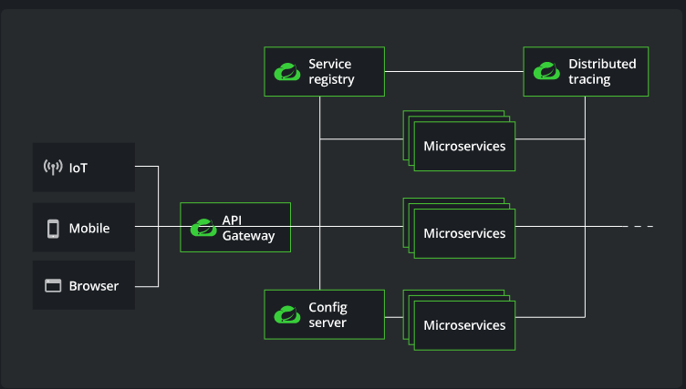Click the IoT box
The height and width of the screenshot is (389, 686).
pyautogui.click(x=84, y=167)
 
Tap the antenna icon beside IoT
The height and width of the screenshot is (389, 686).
pyautogui.click(x=53, y=168)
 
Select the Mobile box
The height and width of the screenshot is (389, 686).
pyautogui.click(x=84, y=228)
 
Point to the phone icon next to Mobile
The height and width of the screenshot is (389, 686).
pyautogui.click(x=53, y=228)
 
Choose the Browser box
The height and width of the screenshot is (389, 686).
pyautogui.click(x=84, y=286)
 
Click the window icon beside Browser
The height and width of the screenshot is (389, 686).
pyautogui.click(x=53, y=286)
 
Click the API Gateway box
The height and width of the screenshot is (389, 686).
pyautogui.click(x=235, y=227)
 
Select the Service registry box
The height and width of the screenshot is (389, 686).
pyautogui.click(x=324, y=72)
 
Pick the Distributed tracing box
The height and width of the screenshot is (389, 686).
pyautogui.click(x=586, y=72)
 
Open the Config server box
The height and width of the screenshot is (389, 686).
pyautogui.click(x=324, y=314)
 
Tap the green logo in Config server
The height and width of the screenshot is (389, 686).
pyautogui.click(x=286, y=315)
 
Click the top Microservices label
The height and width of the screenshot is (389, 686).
pyautogui.click(x=464, y=146)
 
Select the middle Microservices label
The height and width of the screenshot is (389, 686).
pyautogui.click(x=464, y=233)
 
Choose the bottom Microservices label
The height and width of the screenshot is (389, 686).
pyautogui.click(x=464, y=325)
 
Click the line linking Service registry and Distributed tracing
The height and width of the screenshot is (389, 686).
pyautogui.click(x=453, y=72)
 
